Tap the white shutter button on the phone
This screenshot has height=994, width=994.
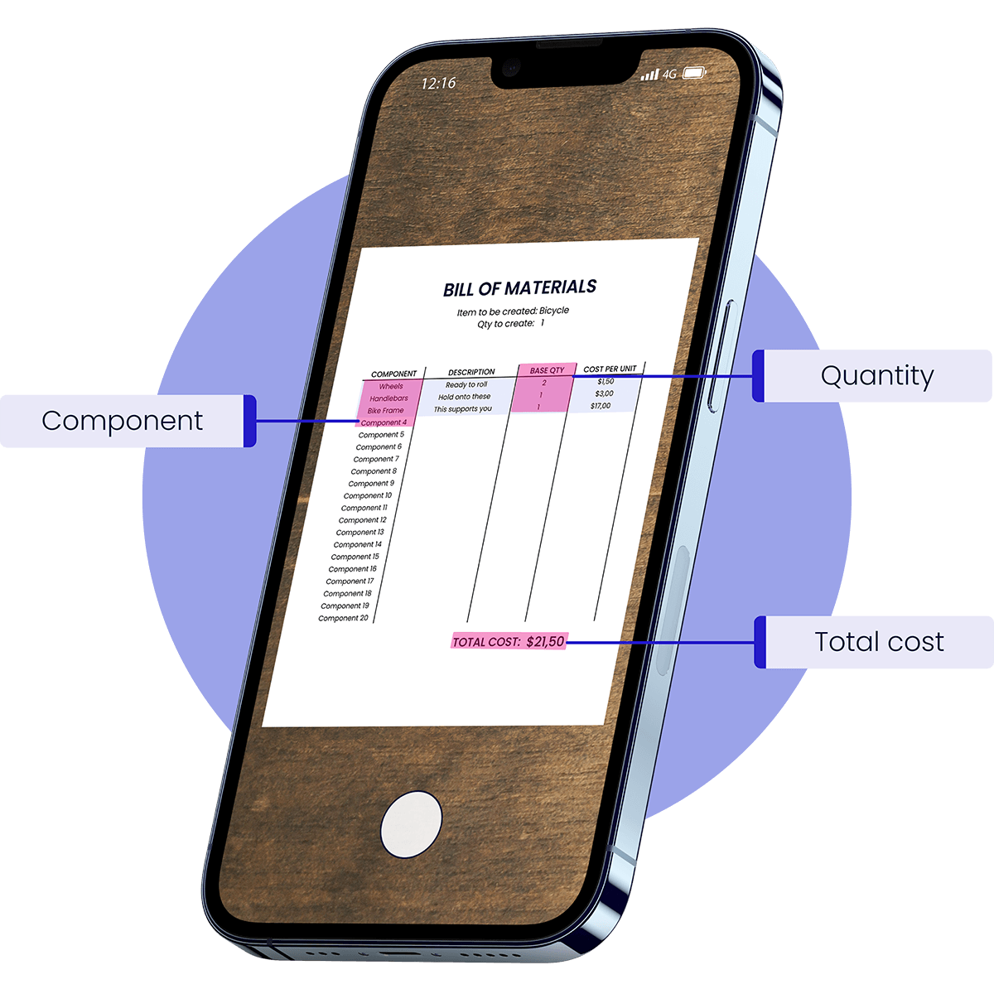tap(411, 824)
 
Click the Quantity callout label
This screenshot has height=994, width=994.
tap(877, 375)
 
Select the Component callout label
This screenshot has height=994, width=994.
tap(123, 421)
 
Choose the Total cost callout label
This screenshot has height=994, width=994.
tap(880, 642)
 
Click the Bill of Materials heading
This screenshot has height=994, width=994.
tap(519, 288)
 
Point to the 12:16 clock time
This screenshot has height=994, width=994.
tap(438, 83)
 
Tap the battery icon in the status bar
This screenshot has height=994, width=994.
tap(694, 73)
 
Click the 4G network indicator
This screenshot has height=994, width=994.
tap(669, 75)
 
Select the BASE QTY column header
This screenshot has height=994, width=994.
tap(548, 370)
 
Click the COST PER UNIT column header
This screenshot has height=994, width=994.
tap(610, 369)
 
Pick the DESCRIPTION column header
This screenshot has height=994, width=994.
tap(471, 372)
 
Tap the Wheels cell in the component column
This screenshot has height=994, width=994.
tap(391, 386)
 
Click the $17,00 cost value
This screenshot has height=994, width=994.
tap(601, 406)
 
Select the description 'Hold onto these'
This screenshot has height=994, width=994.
tap(464, 397)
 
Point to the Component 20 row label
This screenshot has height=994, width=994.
tap(343, 618)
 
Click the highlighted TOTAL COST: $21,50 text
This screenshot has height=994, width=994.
tap(509, 642)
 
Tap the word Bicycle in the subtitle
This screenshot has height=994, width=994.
tap(554, 311)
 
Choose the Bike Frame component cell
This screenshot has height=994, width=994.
tap(385, 411)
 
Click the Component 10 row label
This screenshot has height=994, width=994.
tap(368, 495)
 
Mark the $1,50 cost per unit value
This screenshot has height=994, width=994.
tap(606, 382)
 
